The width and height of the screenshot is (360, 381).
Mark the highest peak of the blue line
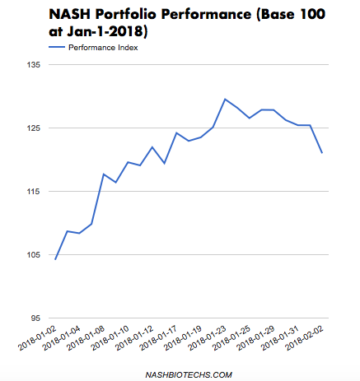(225, 100)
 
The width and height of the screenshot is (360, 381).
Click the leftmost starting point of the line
(55, 259)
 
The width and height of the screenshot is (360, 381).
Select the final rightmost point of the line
(322, 153)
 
